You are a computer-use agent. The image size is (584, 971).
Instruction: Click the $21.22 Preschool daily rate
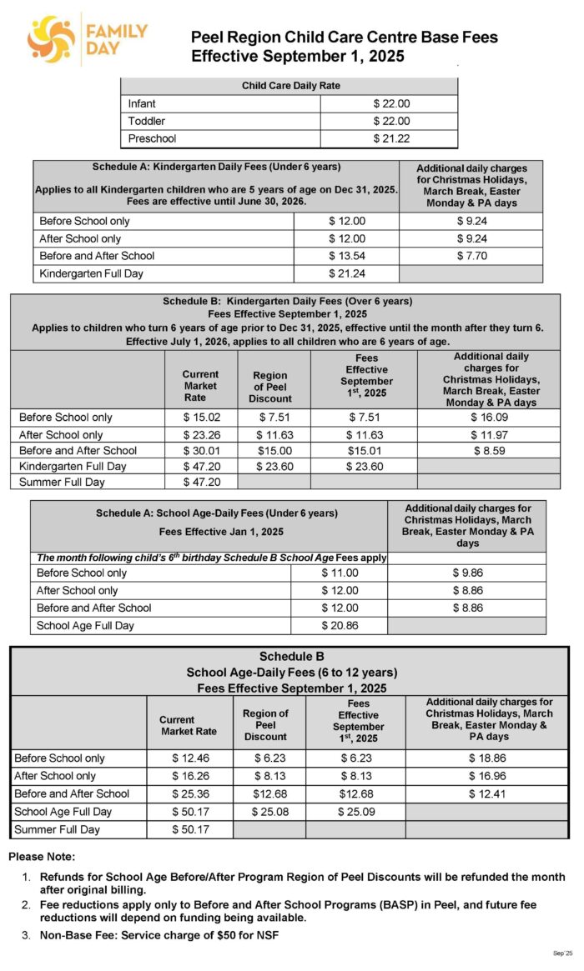point(391,138)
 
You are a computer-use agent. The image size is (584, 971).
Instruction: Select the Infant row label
point(142,104)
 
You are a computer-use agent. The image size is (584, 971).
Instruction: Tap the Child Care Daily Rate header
point(290,86)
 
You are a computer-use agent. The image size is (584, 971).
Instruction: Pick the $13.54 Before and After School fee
point(347,256)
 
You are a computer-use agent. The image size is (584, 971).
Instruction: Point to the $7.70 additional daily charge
point(471,256)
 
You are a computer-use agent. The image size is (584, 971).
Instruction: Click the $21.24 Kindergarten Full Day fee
point(347,273)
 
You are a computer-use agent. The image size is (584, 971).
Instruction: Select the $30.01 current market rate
point(200,450)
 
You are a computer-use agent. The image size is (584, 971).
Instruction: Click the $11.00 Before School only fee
point(340,573)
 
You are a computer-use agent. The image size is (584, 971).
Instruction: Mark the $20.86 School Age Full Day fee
point(340,625)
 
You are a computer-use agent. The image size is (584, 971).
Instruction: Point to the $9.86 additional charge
point(467,573)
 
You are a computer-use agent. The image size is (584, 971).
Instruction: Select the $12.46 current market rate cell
point(189,758)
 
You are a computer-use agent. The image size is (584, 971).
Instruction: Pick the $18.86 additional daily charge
point(488,758)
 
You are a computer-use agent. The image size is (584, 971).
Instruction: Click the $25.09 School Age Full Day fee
point(355,811)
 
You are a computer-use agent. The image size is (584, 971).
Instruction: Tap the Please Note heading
point(42,857)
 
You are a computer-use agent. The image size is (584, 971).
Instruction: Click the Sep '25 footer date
point(562,953)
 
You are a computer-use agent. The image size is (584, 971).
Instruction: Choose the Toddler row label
point(147,122)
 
